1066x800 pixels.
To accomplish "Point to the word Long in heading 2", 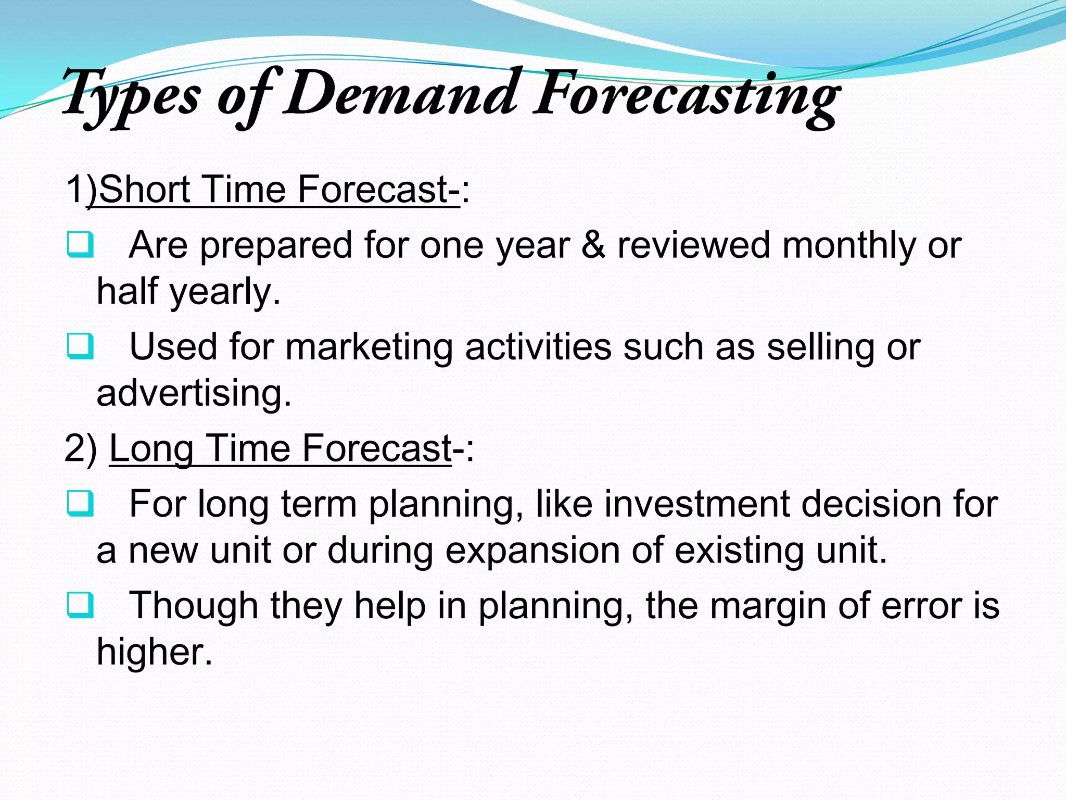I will [x=151, y=449].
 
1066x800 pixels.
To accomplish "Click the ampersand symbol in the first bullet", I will [x=593, y=245].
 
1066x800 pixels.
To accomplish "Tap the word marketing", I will [x=369, y=347].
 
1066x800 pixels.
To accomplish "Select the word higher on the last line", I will [x=154, y=652].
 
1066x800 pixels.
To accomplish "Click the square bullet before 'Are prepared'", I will [x=80, y=245].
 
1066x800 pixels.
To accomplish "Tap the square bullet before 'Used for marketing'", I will [x=80, y=347].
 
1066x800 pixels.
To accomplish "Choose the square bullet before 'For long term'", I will [x=80, y=504].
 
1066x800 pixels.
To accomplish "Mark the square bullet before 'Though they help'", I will [x=80, y=605].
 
